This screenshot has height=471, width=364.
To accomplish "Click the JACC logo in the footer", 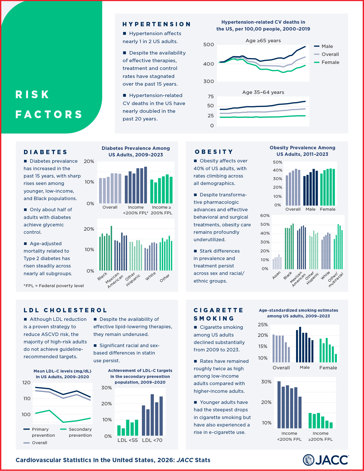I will pos(325,460).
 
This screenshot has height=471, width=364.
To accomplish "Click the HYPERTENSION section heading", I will pos(156,24).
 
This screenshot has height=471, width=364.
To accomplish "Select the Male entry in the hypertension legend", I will pos(327,46).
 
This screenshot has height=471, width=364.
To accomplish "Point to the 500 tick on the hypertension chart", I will pos(208,45).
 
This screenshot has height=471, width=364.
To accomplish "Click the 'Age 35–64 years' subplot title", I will pos(263,92).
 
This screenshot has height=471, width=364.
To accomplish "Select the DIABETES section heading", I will pos(45,152).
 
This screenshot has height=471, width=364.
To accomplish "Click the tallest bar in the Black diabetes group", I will pos(111,248).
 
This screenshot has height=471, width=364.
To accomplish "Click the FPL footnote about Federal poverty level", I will pos(54,286).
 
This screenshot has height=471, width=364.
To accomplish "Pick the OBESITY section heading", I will pos(214,152).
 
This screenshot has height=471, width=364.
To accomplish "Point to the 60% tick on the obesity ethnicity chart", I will pos(265,216).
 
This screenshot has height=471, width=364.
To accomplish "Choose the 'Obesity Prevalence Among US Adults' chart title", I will pos(302,151).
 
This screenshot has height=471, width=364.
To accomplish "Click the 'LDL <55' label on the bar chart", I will pos(128,440).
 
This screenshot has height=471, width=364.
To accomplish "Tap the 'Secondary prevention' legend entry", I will pos(80,432).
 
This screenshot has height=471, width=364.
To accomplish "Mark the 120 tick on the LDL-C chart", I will pos(27,383).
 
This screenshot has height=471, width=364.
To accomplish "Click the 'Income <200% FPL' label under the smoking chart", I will pos(289,436).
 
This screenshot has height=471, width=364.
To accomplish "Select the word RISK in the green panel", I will pos(33,94).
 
